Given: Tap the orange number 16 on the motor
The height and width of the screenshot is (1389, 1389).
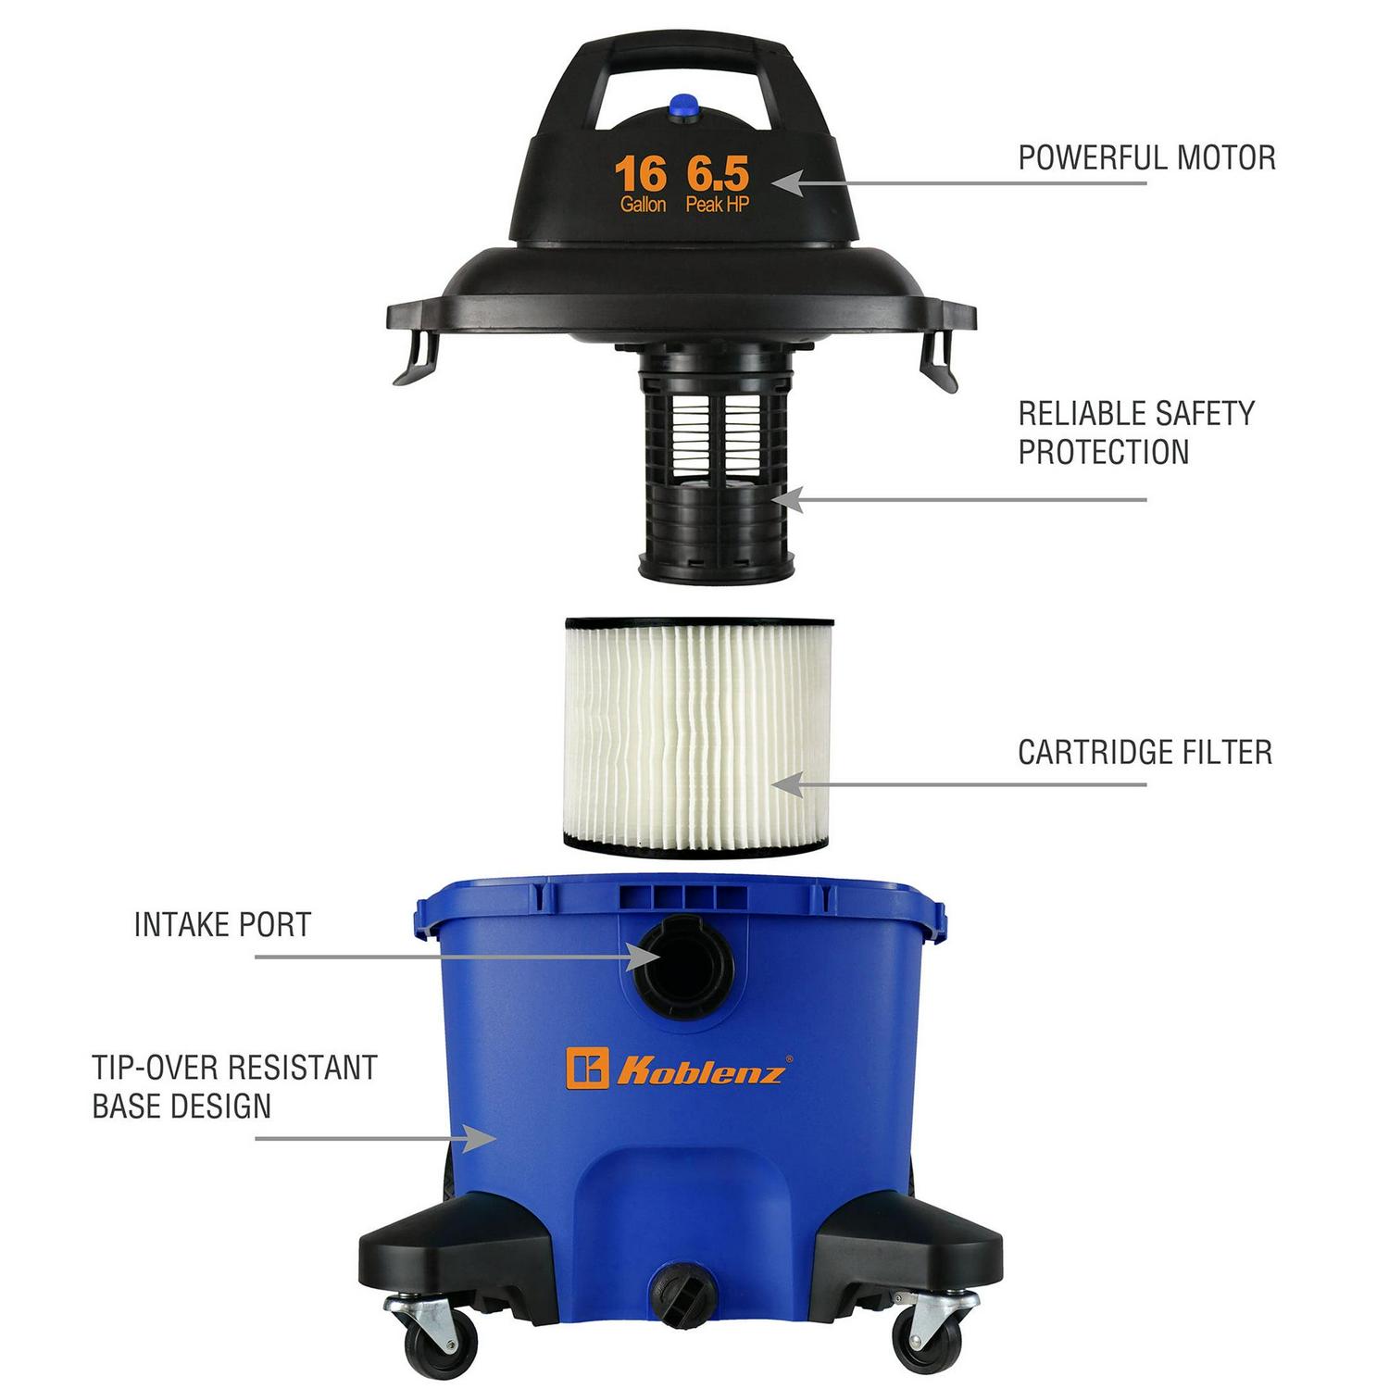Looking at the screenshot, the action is click(641, 173).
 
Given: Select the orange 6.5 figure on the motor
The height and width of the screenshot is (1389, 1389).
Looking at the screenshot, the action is click(717, 173).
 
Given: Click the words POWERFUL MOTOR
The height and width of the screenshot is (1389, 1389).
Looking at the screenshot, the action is click(1146, 157).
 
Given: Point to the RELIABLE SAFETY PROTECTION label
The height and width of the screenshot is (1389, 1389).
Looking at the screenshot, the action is click(1137, 432).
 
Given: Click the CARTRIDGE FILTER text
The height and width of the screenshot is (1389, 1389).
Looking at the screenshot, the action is click(1145, 752).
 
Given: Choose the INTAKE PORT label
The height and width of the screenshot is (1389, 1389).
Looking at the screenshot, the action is click(222, 924).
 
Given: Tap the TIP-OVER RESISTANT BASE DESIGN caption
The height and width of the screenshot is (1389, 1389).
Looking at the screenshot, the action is click(234, 1086).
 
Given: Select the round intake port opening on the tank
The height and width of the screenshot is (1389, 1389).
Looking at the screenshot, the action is click(682, 966).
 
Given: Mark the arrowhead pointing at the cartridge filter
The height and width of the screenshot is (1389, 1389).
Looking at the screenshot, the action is click(785, 785).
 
